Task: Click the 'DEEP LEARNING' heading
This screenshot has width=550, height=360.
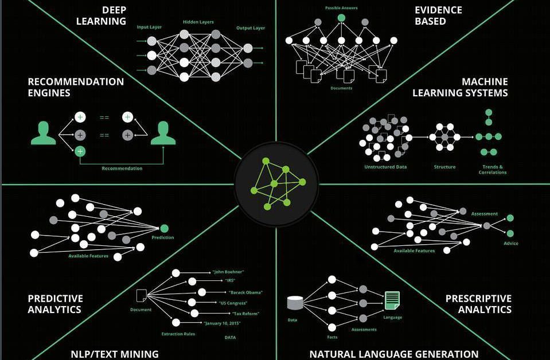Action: coord(101,15)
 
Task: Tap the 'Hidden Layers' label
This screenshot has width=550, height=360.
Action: coord(198,22)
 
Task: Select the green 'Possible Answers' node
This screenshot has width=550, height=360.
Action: coord(341,18)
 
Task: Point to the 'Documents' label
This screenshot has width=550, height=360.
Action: coord(341,88)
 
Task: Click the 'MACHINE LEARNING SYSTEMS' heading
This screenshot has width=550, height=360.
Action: coord(460,87)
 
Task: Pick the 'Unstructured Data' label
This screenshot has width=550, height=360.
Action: coord(385,167)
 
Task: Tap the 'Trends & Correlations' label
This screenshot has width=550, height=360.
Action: coord(493,170)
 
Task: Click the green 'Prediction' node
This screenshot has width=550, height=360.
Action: coord(164,229)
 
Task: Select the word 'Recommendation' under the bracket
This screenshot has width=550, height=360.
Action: coord(122,169)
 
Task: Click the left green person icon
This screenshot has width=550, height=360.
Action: coord(44,133)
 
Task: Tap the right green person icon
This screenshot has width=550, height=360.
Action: coord(163,133)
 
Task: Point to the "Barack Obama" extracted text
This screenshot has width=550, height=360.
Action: coord(245,292)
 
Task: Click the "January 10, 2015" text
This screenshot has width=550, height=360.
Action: coord(222,323)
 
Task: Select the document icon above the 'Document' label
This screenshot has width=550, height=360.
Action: coord(141,295)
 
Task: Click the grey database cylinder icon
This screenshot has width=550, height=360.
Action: coord(295,303)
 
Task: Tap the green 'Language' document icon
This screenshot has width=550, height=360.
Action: coord(392,300)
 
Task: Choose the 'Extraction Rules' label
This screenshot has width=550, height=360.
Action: coord(178,334)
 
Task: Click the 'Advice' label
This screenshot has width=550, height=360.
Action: coord(510,243)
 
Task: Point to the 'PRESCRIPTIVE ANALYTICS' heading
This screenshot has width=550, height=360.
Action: coord(478,304)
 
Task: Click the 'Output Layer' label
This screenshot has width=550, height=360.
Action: coord(251,28)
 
